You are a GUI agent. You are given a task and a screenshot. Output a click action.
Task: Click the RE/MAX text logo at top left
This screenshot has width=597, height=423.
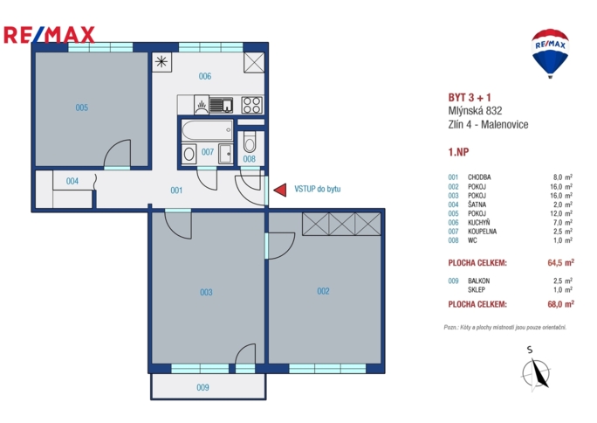point(49,35)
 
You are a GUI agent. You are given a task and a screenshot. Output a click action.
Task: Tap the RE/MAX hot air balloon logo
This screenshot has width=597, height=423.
point(550,52)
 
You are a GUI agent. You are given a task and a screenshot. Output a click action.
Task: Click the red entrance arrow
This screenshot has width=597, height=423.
point(279,190)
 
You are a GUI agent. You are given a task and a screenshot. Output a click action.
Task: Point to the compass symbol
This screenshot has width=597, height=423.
point(534,372)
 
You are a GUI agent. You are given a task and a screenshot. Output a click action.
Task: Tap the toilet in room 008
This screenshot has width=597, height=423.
point(250,143)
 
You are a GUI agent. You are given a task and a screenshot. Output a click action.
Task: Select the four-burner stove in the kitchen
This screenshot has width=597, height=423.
point(251,106)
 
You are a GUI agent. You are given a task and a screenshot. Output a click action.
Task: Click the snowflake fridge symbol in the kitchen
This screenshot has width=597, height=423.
point(161,61)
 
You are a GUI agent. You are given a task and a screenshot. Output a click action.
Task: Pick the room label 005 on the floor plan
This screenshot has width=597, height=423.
point(81,108)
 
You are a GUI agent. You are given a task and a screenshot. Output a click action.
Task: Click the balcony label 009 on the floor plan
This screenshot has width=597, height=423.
point(202,387)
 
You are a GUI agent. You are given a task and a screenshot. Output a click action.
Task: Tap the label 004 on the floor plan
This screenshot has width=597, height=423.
point(72,182)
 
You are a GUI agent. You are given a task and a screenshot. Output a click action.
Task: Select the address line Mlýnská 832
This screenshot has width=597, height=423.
point(475,111)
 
